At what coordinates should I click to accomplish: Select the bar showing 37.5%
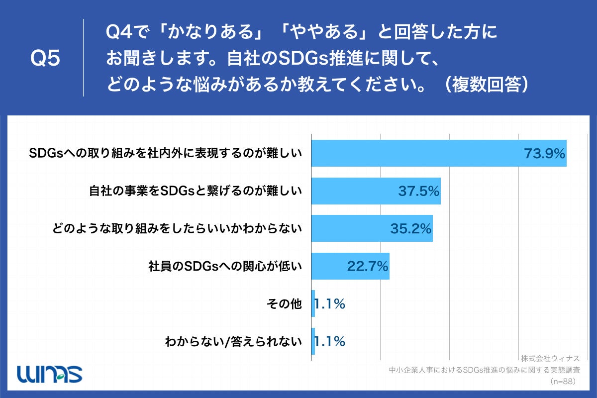(358, 191)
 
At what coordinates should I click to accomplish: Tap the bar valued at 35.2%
(353, 228)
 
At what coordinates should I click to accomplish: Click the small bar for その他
(313, 303)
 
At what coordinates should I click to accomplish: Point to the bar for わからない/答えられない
(313, 341)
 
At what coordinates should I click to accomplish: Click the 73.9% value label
(544, 153)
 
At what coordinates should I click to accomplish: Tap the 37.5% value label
(418, 191)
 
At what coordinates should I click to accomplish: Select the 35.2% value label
(410, 228)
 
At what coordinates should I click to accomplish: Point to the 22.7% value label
(367, 266)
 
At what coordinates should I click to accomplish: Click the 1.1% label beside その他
(329, 303)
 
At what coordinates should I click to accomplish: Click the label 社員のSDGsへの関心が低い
(225, 266)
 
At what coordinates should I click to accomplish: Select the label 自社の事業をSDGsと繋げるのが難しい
(196, 191)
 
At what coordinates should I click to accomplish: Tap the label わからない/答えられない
(233, 341)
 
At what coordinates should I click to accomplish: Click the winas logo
(49, 374)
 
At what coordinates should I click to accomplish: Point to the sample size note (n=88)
(563, 382)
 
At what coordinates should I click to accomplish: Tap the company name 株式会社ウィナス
(550, 358)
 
